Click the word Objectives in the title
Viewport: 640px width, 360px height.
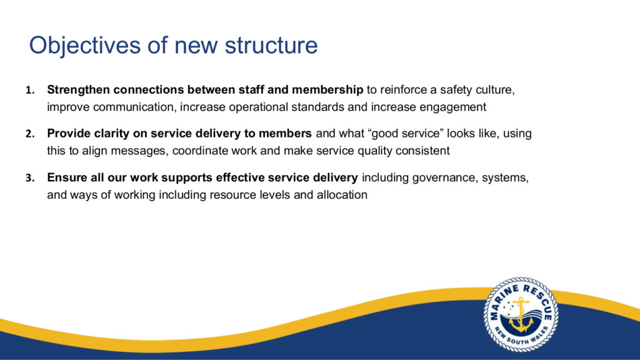pos(85,45)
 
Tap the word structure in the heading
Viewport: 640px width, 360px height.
pos(271,45)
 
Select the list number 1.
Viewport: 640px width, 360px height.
pos(30,90)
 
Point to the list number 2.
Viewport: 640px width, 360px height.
pos(30,134)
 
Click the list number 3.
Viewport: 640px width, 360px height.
pos(30,178)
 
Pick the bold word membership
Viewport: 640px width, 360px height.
pos(327,90)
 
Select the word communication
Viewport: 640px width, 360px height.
pos(135,107)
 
